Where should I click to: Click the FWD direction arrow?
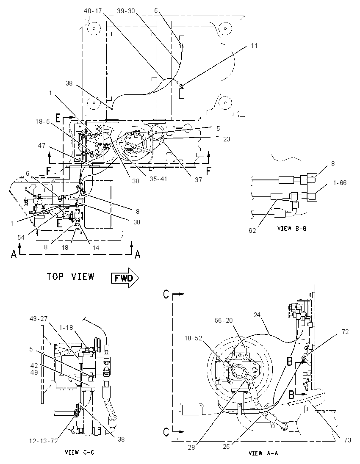tap(125, 278)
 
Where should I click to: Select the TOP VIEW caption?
tap(70, 277)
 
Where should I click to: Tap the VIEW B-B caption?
tap(292, 229)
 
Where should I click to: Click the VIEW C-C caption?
tap(79, 452)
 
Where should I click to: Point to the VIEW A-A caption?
tap(263, 453)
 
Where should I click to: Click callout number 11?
tap(254, 46)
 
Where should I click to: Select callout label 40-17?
tap(93, 11)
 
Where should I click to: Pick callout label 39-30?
tap(126, 11)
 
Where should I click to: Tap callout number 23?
tap(227, 139)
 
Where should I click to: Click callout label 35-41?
tap(158, 179)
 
